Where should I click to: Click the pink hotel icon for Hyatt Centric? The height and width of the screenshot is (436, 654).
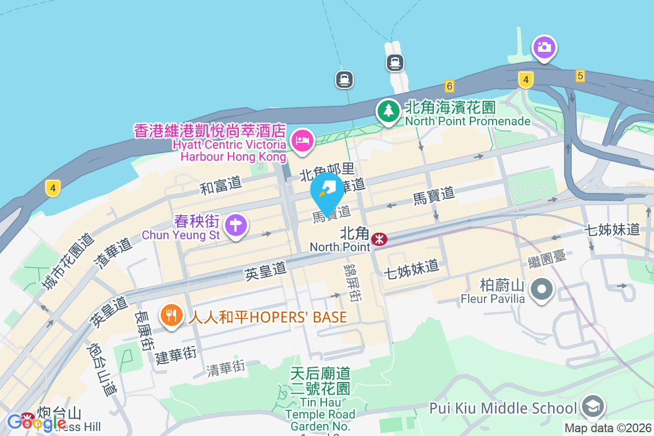tap(302, 141)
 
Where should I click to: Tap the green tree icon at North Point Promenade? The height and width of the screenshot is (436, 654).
tap(388, 111)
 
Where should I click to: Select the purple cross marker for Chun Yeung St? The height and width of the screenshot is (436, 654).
tap(235, 225)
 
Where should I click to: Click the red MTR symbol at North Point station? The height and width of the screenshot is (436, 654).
tap(379, 239)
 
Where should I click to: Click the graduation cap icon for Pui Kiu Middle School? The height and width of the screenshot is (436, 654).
tap(592, 406)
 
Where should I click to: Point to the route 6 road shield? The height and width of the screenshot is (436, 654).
tap(449, 86)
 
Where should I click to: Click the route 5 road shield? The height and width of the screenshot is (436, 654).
tap(580, 76)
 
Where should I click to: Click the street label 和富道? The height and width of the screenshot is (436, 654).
tap(221, 186)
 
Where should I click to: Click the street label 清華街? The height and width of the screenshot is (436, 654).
tap(226, 369)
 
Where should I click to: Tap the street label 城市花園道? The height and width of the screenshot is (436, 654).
tap(68, 262)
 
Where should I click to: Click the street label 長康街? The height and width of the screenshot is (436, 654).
tap(144, 330)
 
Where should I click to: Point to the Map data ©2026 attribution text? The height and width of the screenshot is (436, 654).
tap(608, 428)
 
